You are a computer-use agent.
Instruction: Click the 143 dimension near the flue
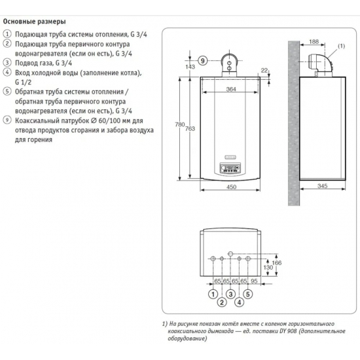point(190,67)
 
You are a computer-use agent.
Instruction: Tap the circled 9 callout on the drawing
point(204,61)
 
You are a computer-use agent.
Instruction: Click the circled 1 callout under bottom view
point(213,294)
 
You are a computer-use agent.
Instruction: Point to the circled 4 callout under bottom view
point(240,302)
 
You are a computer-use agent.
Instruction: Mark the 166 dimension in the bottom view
point(276,262)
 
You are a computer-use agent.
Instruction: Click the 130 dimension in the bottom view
point(268,268)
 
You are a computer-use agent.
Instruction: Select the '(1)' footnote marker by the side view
point(340,46)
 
